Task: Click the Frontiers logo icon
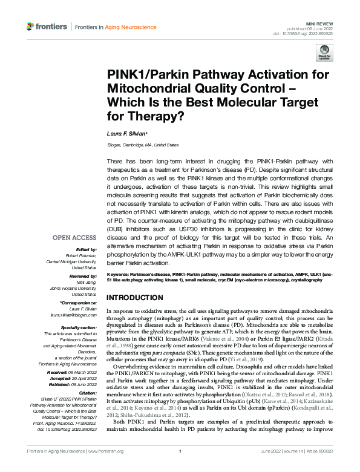30,27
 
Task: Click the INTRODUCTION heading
135,298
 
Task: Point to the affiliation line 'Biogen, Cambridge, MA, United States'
143,145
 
